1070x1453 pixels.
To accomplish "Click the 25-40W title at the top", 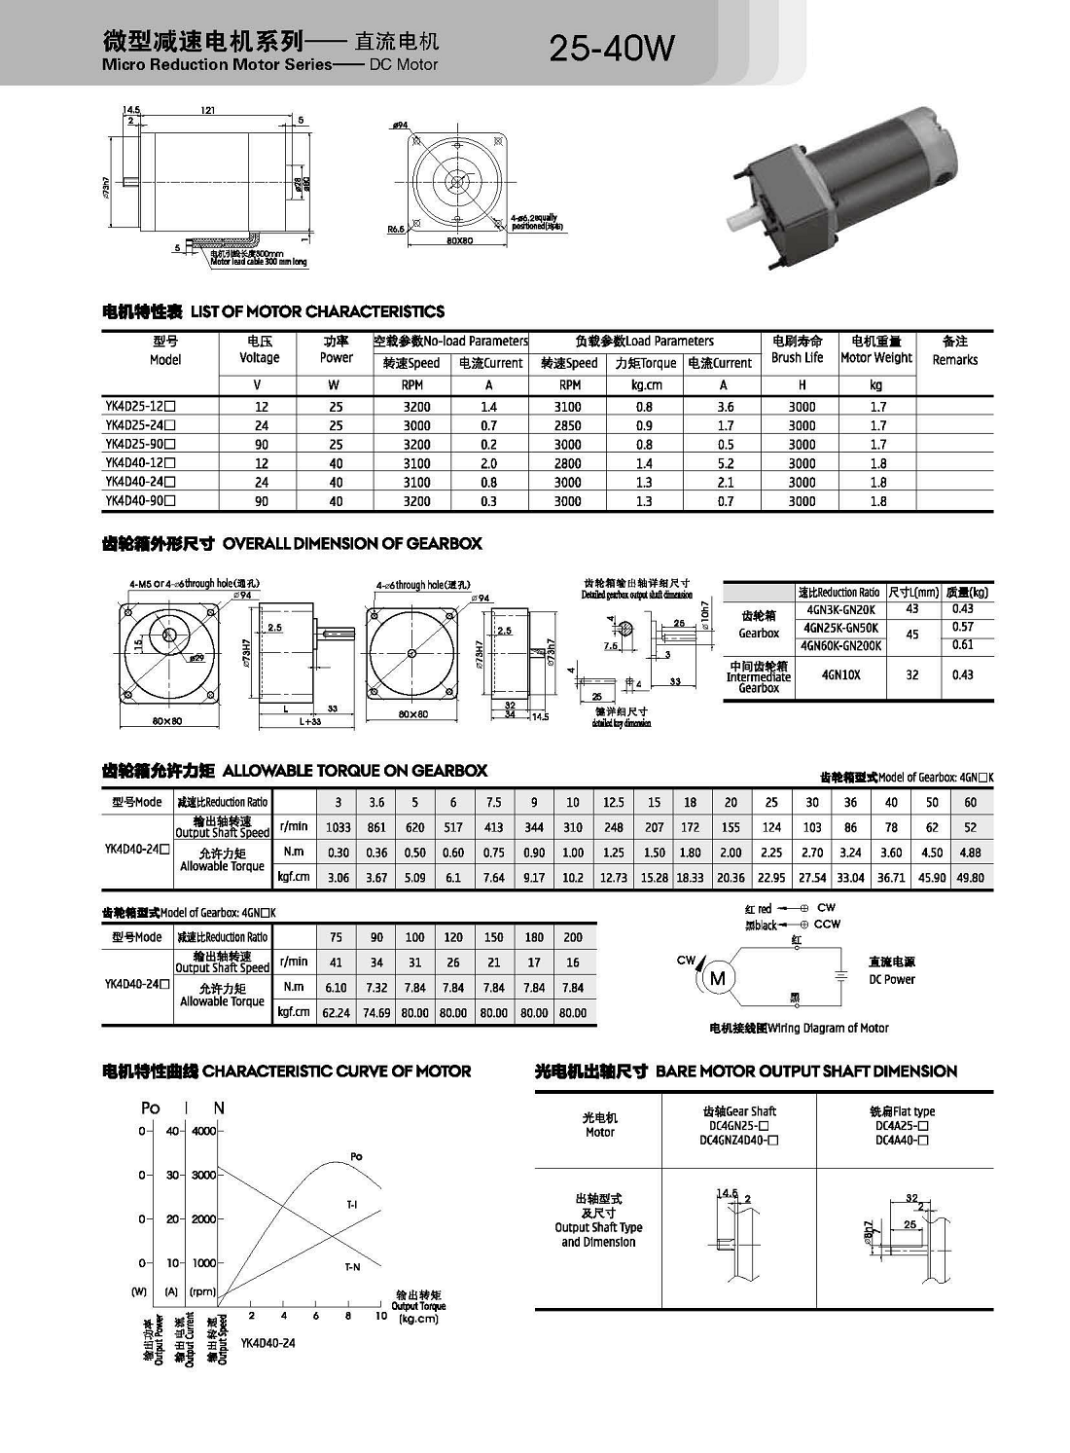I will pos(611,48).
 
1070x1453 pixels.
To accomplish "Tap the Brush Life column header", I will pos(798,349).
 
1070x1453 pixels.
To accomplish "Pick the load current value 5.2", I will pos(725,464).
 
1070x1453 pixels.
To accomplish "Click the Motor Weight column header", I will pos(875,349).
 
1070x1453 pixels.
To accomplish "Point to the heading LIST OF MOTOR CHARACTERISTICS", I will pos(317,311).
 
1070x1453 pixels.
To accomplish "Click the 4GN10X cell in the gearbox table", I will pos(840,674).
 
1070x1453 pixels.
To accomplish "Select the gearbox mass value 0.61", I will pos(962,645).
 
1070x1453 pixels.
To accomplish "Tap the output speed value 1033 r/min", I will pos(338,827).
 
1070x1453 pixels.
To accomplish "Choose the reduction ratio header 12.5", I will pos(613,803).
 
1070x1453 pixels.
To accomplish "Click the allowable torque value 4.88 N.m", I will pos(970,853).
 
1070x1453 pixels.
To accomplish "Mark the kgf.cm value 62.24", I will pos(336,1013).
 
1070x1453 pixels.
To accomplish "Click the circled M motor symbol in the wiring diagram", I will pos(718,978).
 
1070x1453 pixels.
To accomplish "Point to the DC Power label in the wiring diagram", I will pos(891,979).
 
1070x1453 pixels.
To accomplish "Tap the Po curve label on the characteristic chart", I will pos(356,1156).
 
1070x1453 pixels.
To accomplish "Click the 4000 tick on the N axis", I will pos(203,1131).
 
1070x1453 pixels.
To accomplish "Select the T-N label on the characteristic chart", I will pos(352,1267).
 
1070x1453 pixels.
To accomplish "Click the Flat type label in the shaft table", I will pos(902,1111).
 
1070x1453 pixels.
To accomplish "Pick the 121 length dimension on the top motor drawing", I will pos(208,111).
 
